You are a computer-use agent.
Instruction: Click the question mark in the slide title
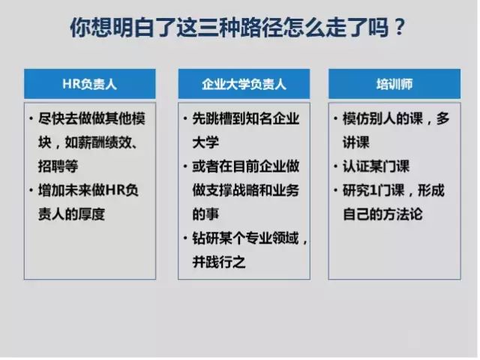(x=400, y=28)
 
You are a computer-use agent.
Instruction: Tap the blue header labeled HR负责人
(x=90, y=84)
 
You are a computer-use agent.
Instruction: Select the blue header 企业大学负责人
(x=244, y=84)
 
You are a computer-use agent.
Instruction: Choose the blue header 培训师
(x=394, y=84)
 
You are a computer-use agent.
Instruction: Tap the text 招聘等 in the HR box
(x=58, y=166)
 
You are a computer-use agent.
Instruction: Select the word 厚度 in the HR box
(x=91, y=214)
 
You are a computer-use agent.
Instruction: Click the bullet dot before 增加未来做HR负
(x=31, y=190)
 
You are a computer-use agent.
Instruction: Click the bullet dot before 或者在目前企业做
(x=185, y=166)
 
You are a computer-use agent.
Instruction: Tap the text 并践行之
(x=219, y=262)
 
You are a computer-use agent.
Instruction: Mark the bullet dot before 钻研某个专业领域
(x=185, y=238)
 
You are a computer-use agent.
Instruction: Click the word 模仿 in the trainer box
(x=356, y=118)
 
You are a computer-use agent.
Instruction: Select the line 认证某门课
(x=376, y=166)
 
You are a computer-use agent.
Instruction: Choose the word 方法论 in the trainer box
(x=403, y=214)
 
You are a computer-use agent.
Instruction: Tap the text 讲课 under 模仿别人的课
(x=356, y=142)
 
